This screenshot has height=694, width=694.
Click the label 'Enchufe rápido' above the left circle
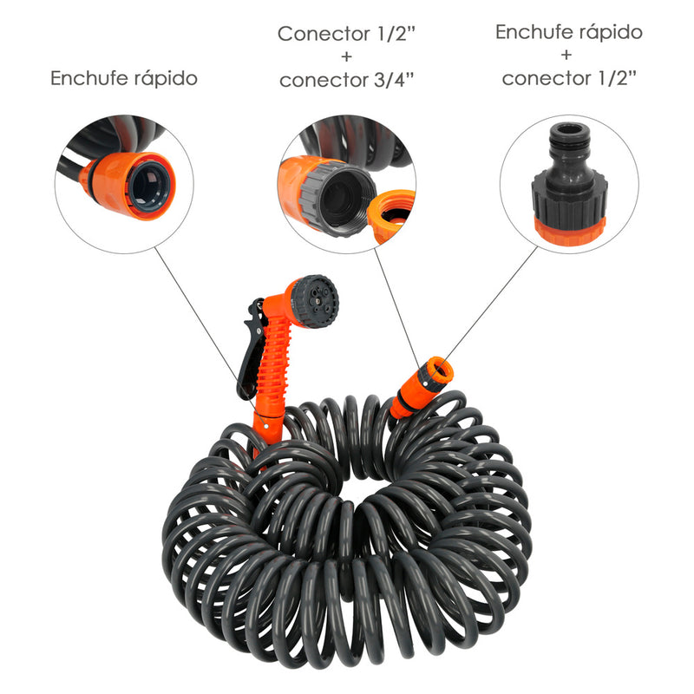124,78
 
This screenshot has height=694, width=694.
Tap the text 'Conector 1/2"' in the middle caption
346,34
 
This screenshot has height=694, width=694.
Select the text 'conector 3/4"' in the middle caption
346,80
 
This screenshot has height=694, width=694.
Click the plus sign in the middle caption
346,57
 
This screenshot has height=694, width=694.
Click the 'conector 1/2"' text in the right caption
569,78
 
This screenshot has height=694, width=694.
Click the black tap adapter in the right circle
569,187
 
